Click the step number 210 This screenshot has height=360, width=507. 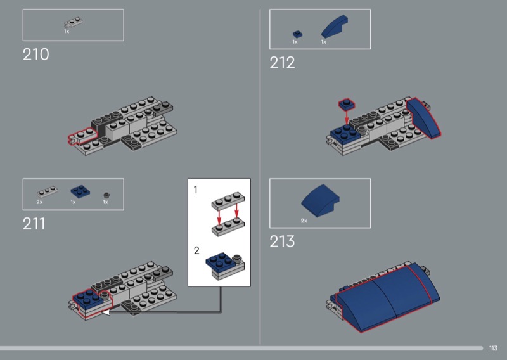tap(36, 55)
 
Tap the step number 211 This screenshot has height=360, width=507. tap(34, 224)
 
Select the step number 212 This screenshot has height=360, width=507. tap(282, 62)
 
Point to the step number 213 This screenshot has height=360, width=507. tap(282, 241)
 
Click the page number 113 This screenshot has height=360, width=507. tap(493, 348)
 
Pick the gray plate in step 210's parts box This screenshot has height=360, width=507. tap(74, 22)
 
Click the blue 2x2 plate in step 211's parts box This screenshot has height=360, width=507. tap(80, 191)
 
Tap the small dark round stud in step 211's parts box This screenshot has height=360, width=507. tap(106, 195)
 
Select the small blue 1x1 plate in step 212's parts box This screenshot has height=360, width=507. tap(297, 34)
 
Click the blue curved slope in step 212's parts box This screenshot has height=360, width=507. tap(334, 27)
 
